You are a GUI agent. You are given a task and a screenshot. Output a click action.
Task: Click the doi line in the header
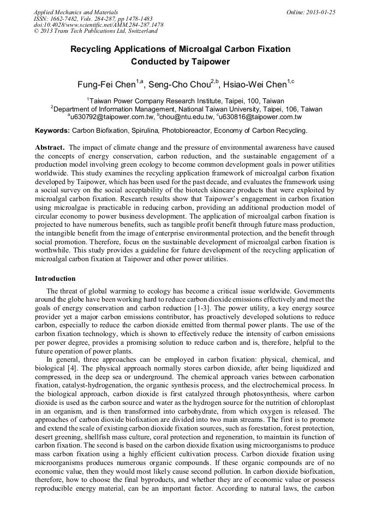(x=98, y=25)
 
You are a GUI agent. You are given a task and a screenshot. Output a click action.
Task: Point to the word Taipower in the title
(x=210, y=62)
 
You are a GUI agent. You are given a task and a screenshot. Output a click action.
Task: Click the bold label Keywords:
(x=52, y=131)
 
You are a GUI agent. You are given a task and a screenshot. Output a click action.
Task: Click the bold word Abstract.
(x=50, y=148)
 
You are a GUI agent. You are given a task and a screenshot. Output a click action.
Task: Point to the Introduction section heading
(x=55, y=279)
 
